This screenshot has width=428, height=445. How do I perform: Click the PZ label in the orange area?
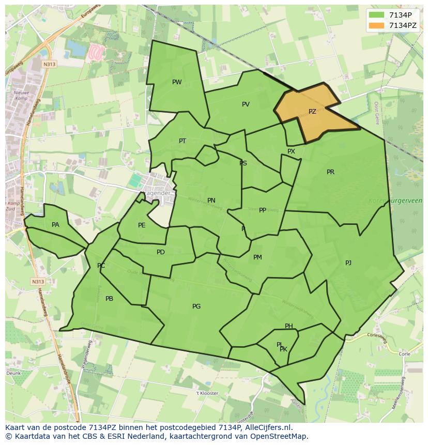point(312,112)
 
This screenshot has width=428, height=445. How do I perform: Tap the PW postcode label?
point(177,82)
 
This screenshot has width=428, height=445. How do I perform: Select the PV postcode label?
point(246,104)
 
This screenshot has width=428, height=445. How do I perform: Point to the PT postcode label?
point(182,141)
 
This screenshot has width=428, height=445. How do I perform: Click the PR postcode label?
point(330,172)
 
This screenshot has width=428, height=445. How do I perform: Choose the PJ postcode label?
point(348,263)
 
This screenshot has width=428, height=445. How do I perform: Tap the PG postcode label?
point(196,306)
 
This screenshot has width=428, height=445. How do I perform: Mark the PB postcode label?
point(109,299)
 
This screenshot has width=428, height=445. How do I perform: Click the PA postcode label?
point(55,225)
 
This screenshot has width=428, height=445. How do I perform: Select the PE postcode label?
point(142,225)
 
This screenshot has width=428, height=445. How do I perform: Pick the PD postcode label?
point(161,252)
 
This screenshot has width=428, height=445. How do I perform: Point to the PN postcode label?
point(211,201)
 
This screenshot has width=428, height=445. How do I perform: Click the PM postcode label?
point(257,257)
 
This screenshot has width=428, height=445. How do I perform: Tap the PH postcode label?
point(289,326)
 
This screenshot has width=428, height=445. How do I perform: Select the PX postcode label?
point(291,151)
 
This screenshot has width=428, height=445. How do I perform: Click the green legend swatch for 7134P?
point(376,15)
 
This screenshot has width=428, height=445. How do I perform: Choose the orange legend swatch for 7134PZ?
point(376,25)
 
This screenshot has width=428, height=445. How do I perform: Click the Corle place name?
point(404,354)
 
